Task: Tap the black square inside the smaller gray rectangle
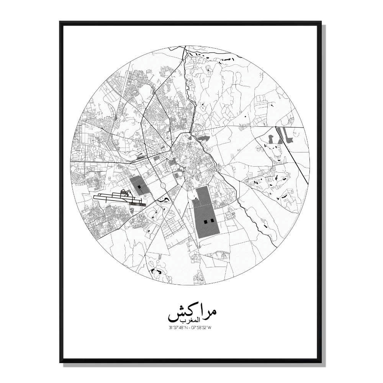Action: pyautogui.click(x=139, y=187)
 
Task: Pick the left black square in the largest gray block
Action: pyautogui.click(x=205, y=221)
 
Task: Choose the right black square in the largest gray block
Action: pyautogui.click(x=211, y=221)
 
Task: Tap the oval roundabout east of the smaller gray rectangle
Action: pyautogui.click(x=162, y=187)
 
